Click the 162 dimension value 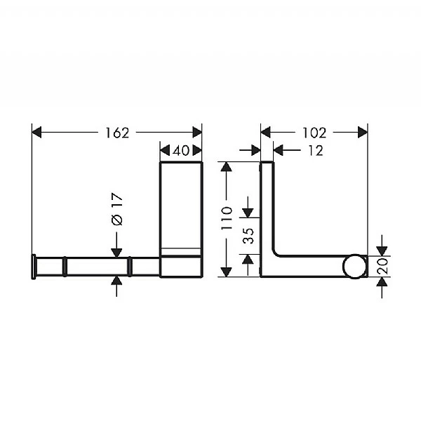point(117,133)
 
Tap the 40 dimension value point(181,150)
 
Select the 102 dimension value point(314,133)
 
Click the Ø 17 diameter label point(117,210)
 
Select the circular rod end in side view point(354,267)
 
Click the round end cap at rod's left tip point(32,267)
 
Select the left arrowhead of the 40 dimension point(164,150)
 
